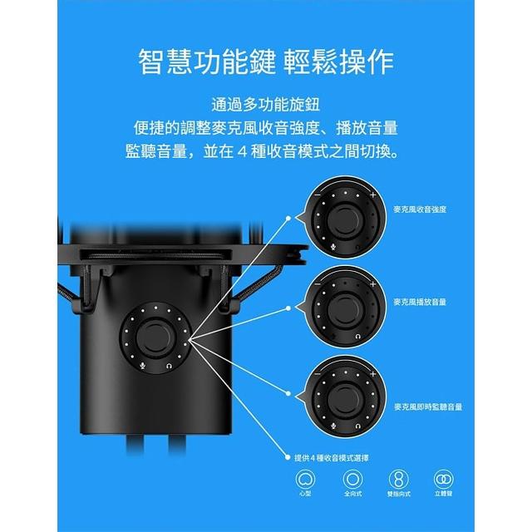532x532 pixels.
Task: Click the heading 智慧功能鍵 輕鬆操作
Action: [266, 62]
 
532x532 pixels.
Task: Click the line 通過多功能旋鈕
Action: [266, 105]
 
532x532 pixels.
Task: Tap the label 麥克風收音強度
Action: [420, 209]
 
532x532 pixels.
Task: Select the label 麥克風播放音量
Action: [420, 302]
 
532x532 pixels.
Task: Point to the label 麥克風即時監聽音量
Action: [428, 406]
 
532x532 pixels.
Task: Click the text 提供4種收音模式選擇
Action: [332, 458]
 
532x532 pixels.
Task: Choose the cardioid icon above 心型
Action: [305, 479]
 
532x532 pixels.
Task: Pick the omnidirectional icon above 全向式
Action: [352, 479]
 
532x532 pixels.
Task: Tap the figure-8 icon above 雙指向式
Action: [399, 479]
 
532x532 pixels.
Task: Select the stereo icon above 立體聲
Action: [443, 479]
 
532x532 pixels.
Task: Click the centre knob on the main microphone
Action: [155, 337]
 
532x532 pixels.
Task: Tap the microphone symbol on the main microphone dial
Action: [143, 366]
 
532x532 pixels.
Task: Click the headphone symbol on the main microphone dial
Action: [169, 366]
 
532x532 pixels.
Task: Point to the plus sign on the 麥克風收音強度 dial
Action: [373, 195]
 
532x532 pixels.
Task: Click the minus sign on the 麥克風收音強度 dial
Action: [318, 195]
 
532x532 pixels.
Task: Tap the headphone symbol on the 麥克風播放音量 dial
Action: [357, 337]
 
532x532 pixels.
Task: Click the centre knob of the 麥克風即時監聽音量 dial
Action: [346, 399]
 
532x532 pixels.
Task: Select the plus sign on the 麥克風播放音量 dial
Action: [373, 284]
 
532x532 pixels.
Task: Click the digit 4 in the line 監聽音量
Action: [242, 151]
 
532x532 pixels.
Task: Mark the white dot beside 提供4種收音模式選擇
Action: [288, 458]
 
